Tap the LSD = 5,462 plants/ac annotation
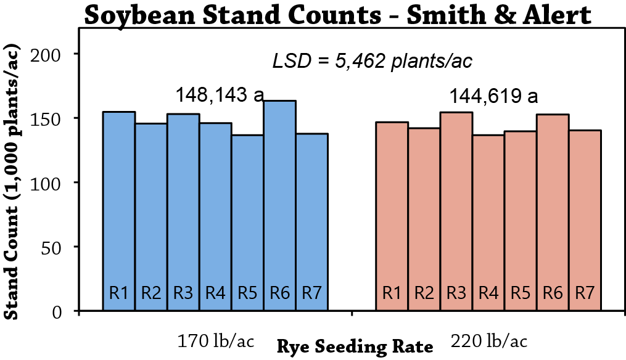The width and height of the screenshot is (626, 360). click(x=372, y=61)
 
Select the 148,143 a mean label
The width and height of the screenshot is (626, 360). click(x=220, y=95)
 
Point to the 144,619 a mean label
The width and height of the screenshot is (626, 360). click(x=494, y=96)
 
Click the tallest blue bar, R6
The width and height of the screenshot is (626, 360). click(x=279, y=205)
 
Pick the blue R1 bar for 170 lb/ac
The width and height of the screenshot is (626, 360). click(x=119, y=211)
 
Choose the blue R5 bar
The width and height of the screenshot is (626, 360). click(x=247, y=223)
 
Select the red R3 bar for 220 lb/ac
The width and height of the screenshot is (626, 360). click(x=456, y=211)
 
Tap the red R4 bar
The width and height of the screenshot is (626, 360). click(x=488, y=223)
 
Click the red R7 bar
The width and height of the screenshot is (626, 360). click(x=585, y=220)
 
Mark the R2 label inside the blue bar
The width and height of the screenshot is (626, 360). click(x=151, y=293)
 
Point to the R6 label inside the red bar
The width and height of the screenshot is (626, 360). click(x=553, y=293)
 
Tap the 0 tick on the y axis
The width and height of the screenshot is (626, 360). click(x=57, y=312)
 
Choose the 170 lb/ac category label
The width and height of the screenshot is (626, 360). click(x=215, y=342)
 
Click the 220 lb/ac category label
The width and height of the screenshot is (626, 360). click(x=489, y=342)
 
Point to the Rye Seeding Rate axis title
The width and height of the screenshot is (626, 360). click(x=355, y=347)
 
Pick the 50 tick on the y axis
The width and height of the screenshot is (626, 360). click(x=51, y=248)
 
